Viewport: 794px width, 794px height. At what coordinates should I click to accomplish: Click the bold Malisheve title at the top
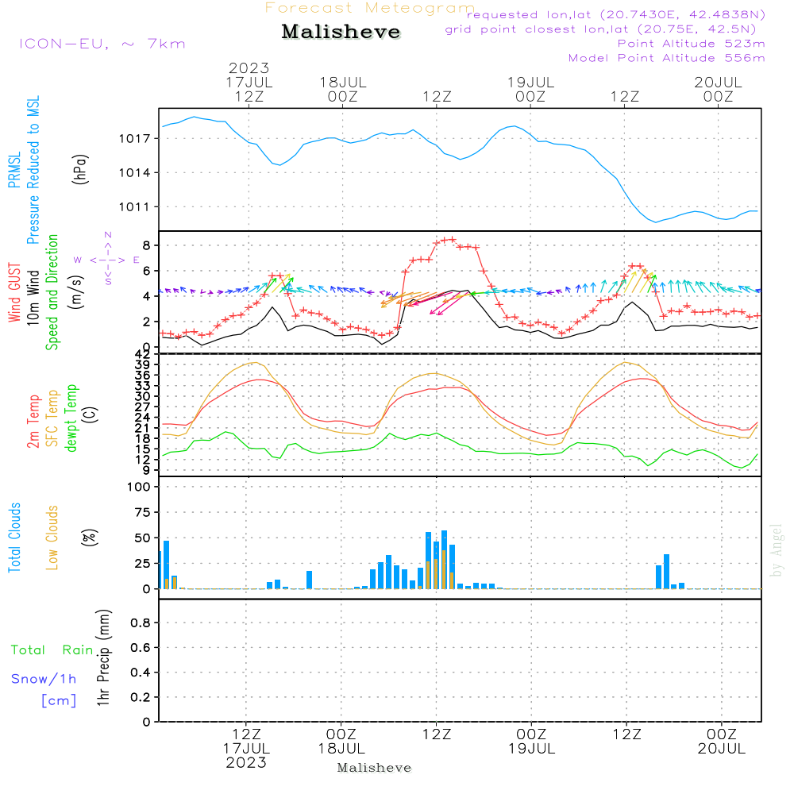341,32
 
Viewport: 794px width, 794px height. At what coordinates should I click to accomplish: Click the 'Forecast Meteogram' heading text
370,8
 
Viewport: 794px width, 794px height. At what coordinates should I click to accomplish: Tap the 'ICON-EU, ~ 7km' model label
102,44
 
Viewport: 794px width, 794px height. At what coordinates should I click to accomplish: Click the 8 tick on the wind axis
147,245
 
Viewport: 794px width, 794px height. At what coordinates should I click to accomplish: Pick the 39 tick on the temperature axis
143,364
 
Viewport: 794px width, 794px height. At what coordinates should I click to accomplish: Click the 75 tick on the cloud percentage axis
142,512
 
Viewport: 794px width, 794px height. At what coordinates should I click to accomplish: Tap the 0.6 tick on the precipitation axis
141,648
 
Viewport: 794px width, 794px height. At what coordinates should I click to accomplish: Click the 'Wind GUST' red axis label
14,292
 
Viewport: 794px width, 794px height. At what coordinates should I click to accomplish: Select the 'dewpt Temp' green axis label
71,418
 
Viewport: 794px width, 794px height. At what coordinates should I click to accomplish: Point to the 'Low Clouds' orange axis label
52,538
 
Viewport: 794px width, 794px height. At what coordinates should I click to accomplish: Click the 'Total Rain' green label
52,650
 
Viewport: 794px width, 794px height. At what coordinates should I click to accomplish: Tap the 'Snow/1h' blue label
44,679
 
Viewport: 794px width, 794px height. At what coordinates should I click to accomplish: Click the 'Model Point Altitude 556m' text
666,58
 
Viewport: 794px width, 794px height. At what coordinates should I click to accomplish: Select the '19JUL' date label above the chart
530,83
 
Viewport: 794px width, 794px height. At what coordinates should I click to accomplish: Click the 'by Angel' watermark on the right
777,550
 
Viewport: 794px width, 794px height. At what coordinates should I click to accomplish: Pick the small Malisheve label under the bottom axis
374,768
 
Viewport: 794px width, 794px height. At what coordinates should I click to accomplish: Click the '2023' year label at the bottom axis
246,762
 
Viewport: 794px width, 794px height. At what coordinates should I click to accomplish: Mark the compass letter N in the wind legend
108,235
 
